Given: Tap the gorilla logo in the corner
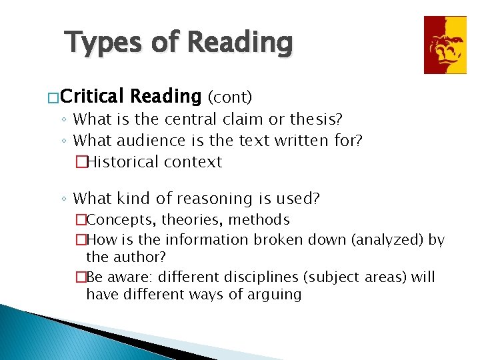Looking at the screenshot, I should (445, 45).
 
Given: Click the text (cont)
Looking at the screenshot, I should (230, 98).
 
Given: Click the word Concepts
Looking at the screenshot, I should (117, 220).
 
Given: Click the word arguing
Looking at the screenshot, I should (275, 294).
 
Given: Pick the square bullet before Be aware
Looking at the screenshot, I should (81, 277).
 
